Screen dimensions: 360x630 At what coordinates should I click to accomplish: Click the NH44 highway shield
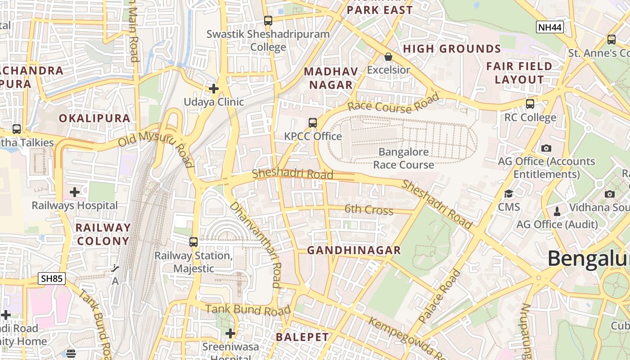(x=550, y=27)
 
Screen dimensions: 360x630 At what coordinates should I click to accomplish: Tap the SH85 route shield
(x=52, y=279)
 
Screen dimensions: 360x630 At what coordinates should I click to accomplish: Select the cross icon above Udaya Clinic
(x=214, y=89)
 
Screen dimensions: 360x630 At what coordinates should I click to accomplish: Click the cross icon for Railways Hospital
(x=75, y=193)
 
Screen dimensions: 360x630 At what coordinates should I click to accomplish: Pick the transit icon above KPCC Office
(x=313, y=123)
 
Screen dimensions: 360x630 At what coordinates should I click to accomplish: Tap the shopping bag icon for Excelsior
(x=388, y=57)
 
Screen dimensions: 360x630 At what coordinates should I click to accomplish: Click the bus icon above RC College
(x=530, y=104)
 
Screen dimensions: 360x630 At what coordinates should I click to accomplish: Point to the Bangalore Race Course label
(x=404, y=158)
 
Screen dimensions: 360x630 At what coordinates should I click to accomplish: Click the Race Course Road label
(x=393, y=105)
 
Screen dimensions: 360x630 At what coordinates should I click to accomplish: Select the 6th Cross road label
(x=369, y=210)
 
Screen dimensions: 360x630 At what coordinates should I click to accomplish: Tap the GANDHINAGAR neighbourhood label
(x=354, y=251)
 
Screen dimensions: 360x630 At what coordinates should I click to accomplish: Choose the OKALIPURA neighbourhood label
(x=94, y=118)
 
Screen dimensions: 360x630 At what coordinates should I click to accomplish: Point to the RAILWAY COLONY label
(x=103, y=234)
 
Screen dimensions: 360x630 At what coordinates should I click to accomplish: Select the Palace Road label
(x=440, y=296)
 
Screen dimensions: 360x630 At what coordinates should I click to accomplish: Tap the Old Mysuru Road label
(x=156, y=147)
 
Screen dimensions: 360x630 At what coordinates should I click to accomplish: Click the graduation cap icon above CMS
(x=508, y=194)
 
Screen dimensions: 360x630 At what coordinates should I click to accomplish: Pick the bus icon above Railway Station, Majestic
(x=193, y=242)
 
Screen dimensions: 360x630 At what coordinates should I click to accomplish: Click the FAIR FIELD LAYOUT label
(x=519, y=73)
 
